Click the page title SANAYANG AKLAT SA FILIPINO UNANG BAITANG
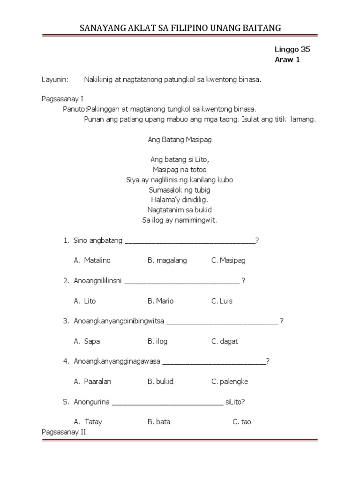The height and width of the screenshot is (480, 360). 180,28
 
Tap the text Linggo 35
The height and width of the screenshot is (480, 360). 292,49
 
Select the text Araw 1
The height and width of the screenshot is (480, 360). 286,60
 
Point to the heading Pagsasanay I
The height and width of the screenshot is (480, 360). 62,99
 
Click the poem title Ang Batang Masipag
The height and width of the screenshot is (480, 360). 180,140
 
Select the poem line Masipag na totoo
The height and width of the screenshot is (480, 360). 180,170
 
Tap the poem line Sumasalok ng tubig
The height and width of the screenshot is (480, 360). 180,190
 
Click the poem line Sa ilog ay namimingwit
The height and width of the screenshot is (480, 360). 180,220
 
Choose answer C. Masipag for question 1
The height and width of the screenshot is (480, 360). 228,260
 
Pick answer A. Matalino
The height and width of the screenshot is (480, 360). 92,260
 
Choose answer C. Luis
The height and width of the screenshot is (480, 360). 222,301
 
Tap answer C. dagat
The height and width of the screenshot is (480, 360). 225,341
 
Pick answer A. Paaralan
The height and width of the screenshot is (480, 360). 92,382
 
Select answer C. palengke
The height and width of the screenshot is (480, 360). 230,382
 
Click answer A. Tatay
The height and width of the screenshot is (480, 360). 88,422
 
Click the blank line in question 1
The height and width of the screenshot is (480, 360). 189,242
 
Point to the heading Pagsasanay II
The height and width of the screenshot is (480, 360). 64,432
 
